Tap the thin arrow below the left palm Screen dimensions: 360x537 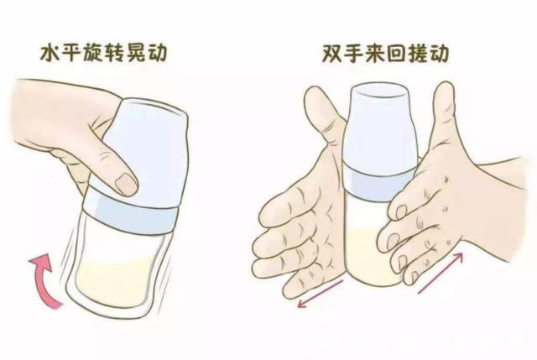[318, 292]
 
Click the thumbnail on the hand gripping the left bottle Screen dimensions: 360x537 [127, 184]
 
